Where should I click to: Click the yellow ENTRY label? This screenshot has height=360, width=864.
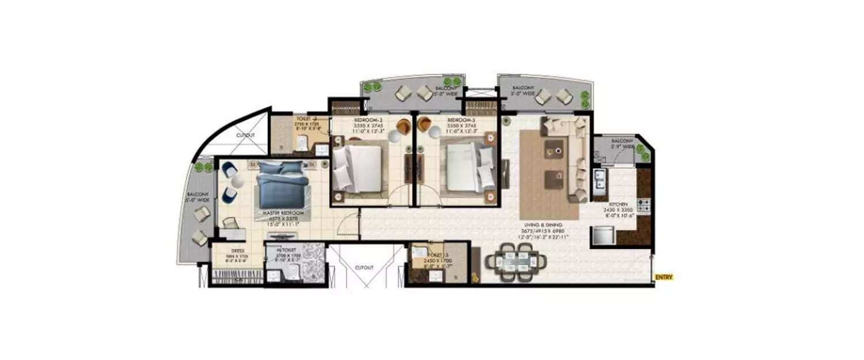664,278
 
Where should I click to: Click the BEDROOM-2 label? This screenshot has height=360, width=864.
365,120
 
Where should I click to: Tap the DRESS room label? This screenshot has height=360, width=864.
238,251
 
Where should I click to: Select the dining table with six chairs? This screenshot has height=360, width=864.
516,262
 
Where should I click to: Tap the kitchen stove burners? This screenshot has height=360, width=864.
643,204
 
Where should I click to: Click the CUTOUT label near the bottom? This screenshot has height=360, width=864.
364,268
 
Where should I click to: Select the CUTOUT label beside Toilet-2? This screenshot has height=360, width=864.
245,135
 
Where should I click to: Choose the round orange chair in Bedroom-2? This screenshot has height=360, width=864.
404,125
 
